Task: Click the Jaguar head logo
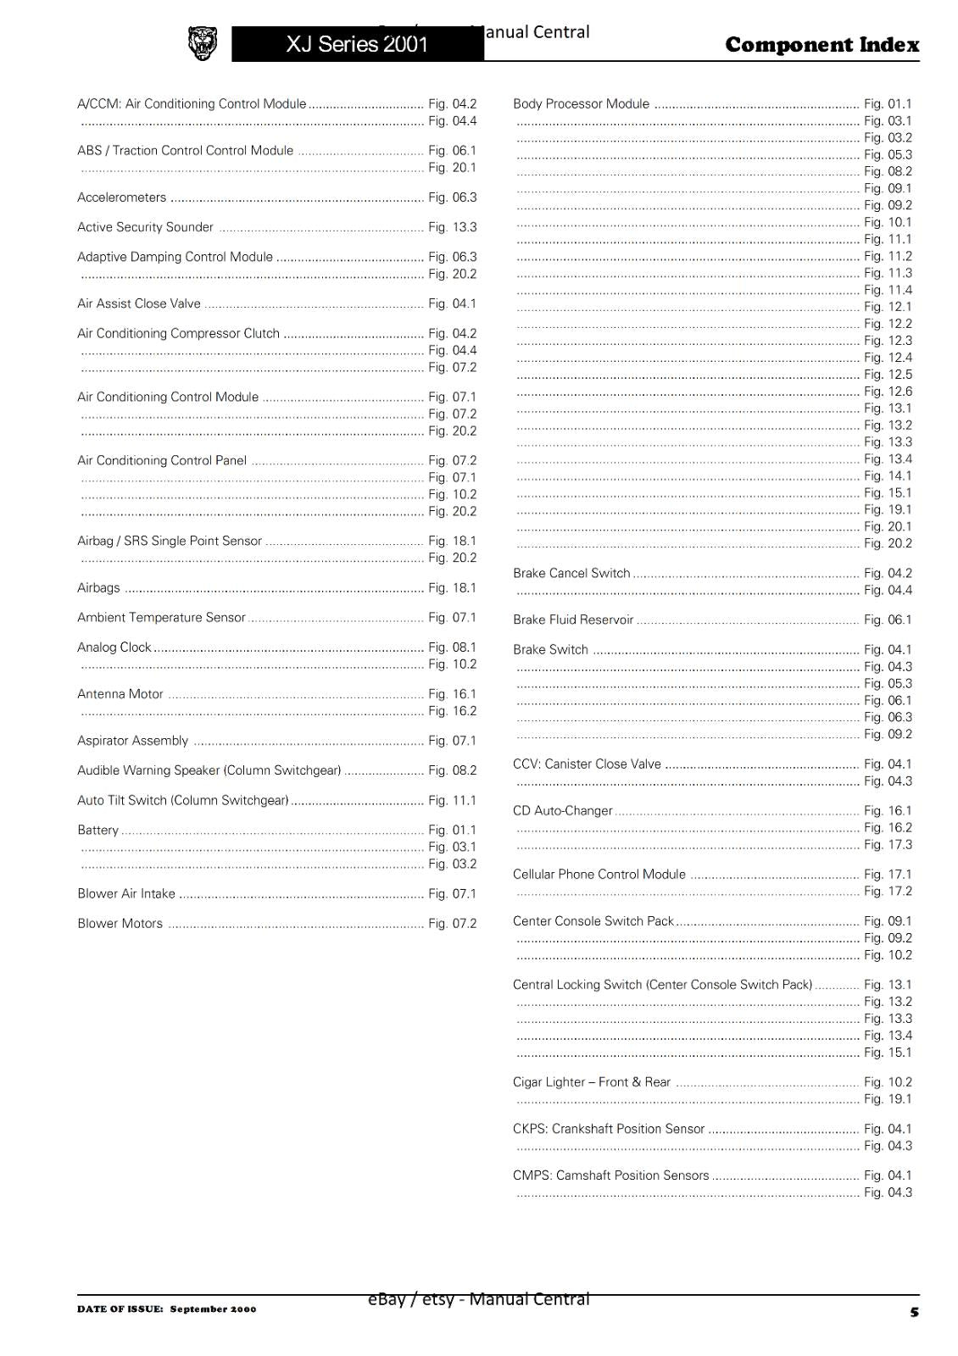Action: pos(202,43)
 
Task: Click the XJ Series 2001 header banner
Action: pos(357,44)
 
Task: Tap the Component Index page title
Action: pos(822,45)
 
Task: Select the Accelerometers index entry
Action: pos(121,197)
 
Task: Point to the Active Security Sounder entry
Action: pos(145,227)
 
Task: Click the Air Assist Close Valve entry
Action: pos(139,303)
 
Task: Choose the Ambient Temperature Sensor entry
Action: pos(161,618)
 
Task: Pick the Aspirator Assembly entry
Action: pos(132,741)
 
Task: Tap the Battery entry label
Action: pos(98,831)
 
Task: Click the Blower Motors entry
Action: pos(120,924)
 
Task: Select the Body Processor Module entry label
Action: pos(581,104)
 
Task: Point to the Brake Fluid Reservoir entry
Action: pos(573,620)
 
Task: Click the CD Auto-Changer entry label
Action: pos(562,811)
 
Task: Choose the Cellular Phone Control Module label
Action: pos(599,875)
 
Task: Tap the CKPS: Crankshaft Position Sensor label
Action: pos(609,1129)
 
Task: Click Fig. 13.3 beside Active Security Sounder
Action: pos(453,227)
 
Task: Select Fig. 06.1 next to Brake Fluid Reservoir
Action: pos(888,620)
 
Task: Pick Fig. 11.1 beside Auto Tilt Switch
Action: pos(453,801)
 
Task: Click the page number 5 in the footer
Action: pos(914,1312)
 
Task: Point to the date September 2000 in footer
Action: pos(213,1309)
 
